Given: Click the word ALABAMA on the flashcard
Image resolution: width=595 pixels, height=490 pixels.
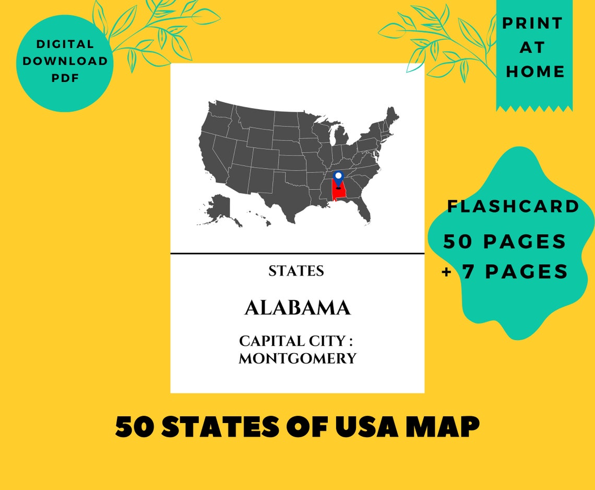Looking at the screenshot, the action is (x=297, y=308).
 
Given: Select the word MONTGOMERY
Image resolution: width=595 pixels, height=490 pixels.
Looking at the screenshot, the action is (x=297, y=359).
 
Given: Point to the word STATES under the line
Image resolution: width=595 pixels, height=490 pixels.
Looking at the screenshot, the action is (x=296, y=271).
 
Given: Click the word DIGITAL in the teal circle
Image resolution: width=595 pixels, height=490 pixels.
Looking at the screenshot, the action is (x=65, y=44).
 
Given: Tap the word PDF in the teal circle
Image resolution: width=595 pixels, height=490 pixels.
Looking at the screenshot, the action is (x=65, y=77).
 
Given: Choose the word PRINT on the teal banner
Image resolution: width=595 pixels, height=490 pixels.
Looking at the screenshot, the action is (x=533, y=24).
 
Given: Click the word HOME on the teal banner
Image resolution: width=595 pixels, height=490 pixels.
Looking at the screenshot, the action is (x=535, y=72).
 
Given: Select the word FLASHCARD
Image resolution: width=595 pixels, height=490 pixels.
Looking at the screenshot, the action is (x=513, y=206).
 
